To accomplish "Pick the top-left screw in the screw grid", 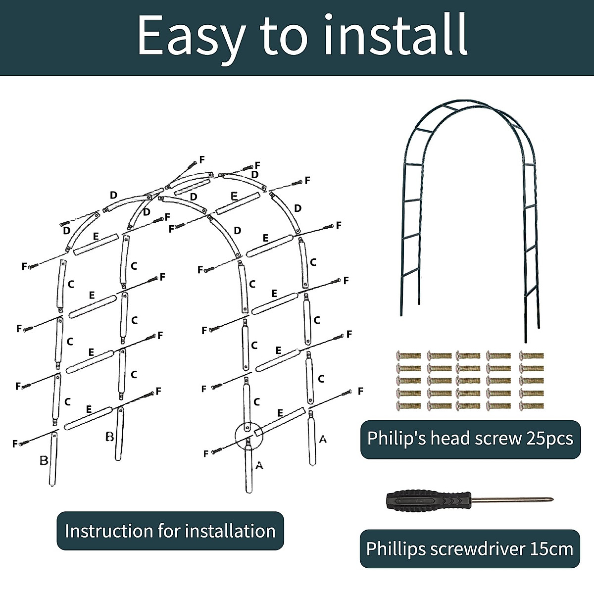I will (409, 355).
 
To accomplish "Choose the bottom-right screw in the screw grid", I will (532, 406).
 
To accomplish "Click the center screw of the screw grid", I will (468, 381).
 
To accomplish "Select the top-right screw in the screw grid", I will (532, 355).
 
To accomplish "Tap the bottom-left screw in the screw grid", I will (409, 406).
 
